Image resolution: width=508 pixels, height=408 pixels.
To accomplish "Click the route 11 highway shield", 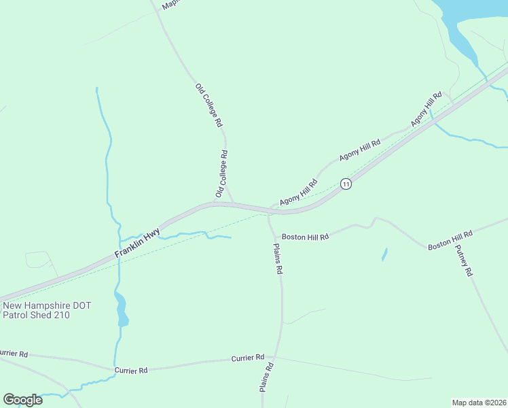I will click(346, 184).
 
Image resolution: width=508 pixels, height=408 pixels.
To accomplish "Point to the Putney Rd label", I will click(464, 261).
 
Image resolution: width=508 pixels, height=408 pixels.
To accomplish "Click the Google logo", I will click(22, 400).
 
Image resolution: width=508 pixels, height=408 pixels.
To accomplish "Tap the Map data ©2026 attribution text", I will click(479, 403).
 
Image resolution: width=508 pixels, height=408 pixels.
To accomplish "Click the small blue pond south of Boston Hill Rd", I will click(384, 255).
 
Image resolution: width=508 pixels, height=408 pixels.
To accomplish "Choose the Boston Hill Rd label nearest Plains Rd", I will click(305, 237).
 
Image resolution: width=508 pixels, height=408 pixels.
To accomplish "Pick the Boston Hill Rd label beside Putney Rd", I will click(450, 239).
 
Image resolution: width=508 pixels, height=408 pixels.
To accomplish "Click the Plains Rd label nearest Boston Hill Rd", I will click(278, 258).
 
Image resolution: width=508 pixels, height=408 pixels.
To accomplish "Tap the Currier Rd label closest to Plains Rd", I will click(247, 358).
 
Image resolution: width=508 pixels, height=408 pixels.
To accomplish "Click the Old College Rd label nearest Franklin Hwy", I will click(221, 175).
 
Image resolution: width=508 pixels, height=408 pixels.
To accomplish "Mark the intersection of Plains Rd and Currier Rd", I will click(274, 356).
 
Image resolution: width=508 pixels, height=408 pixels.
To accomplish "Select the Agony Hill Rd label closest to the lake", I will click(427, 109).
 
